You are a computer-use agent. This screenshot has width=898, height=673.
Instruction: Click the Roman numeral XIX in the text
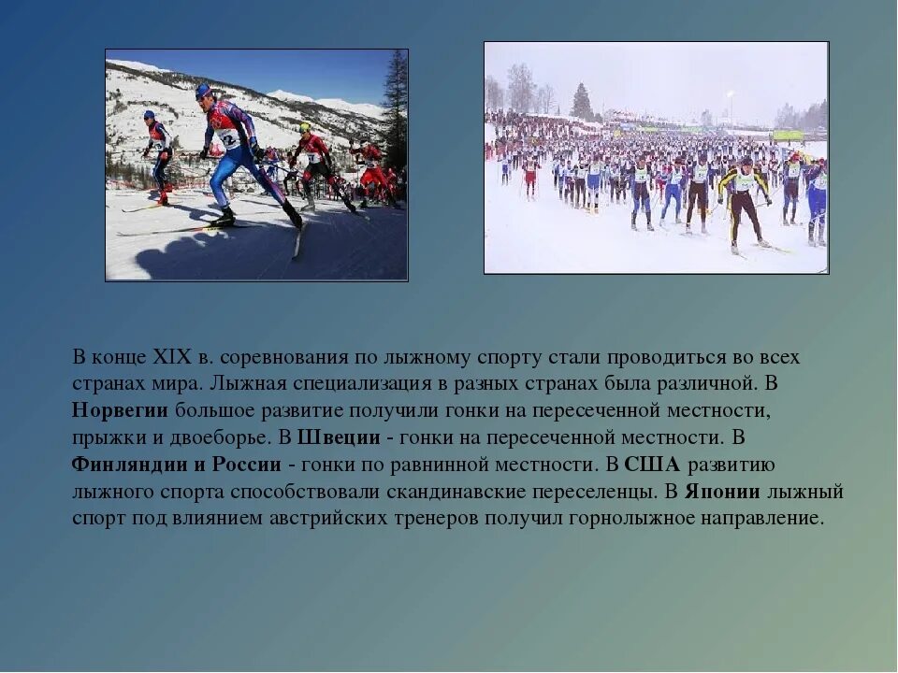[x=171, y=358]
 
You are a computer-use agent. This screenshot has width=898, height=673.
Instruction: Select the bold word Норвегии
[x=120, y=410]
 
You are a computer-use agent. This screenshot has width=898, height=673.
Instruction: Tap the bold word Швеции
[x=338, y=437]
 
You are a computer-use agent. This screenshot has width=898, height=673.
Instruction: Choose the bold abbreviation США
[x=652, y=465]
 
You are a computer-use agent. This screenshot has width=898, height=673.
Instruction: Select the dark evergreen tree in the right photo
[x=582, y=102]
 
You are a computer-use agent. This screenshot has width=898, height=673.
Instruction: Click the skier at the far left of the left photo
[x=159, y=154]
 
